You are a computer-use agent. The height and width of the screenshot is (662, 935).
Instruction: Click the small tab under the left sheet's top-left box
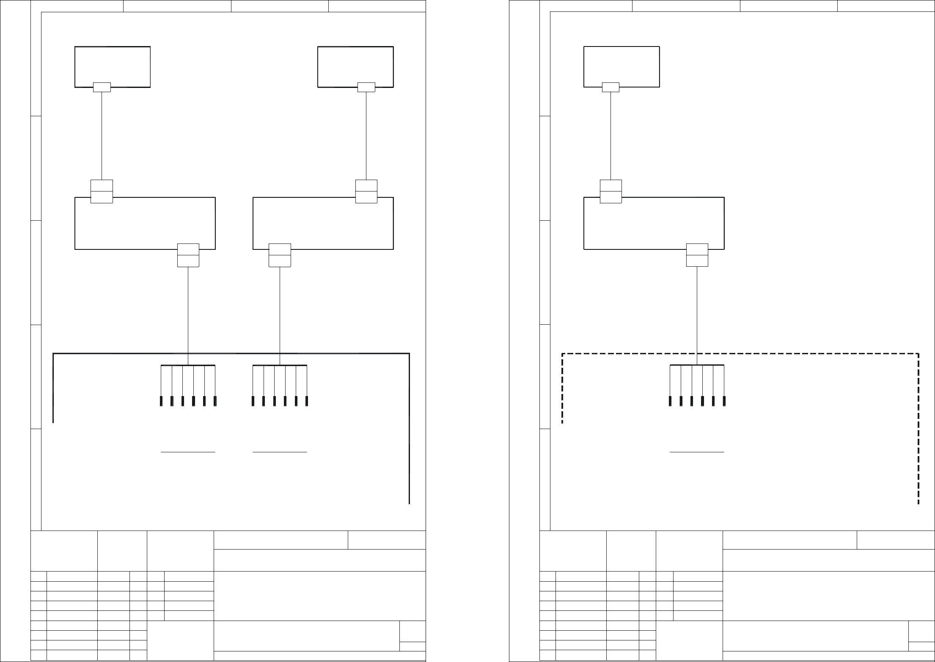coord(102,87)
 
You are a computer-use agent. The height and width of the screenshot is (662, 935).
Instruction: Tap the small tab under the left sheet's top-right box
coord(366,87)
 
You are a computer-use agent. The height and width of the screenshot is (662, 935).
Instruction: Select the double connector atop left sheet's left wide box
coord(102,191)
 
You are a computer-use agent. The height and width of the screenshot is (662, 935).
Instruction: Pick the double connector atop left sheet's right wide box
coord(366,191)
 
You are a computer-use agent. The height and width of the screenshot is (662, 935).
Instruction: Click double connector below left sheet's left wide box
coord(188,255)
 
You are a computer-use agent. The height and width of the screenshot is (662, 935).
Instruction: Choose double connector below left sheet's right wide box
coord(280,255)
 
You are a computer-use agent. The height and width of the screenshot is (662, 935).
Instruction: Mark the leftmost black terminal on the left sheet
coord(161,401)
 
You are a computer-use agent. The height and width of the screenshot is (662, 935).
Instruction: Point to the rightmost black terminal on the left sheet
coord(307,401)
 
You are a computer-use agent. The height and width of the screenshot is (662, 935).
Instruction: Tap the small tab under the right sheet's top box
coord(610,87)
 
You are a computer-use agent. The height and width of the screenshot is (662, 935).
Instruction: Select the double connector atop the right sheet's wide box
coord(611,191)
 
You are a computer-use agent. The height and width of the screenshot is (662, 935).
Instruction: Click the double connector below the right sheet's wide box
coord(697,255)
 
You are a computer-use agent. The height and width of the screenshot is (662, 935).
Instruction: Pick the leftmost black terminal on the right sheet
coord(670,401)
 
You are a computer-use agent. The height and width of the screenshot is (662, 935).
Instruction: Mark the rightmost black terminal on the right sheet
coord(724,401)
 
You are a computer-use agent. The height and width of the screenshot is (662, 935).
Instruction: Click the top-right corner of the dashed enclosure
coord(918,353)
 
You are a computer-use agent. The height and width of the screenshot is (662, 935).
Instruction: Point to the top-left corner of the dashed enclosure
coord(562,353)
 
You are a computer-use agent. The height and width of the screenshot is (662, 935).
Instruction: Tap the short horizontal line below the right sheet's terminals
coord(697,452)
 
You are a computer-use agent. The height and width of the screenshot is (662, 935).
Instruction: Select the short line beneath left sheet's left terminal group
coord(188,452)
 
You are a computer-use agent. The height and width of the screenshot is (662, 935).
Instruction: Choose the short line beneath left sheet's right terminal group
coord(280,452)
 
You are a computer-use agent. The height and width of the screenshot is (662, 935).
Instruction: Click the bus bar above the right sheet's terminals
coord(697,365)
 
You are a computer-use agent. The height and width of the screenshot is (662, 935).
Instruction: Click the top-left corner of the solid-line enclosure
coord(53,353)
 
